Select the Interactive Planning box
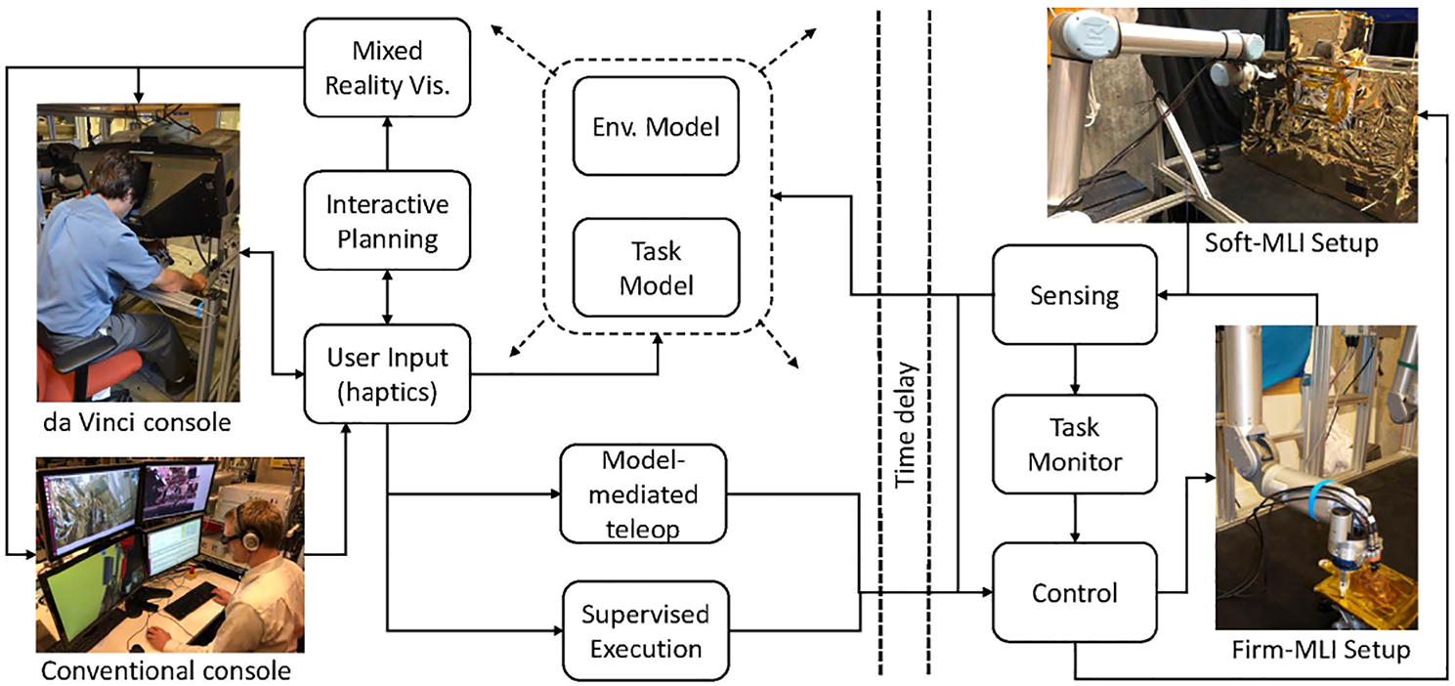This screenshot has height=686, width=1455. pyautogui.click(x=388, y=220)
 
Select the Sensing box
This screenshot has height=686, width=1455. pyautogui.click(x=1074, y=294)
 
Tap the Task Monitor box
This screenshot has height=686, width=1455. pyautogui.click(x=1074, y=443)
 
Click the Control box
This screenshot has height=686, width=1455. pyautogui.click(x=1074, y=592)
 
